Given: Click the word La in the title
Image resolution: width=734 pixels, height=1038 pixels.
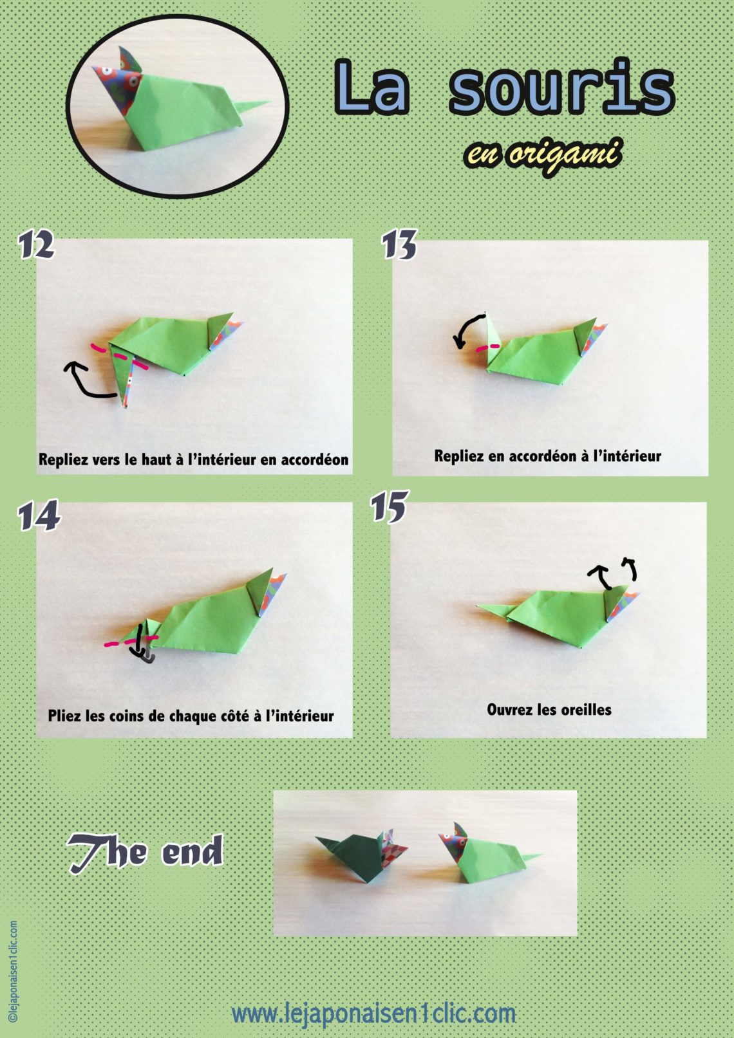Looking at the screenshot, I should coord(372,88).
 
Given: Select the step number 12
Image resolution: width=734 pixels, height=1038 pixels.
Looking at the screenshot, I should coord(36,245).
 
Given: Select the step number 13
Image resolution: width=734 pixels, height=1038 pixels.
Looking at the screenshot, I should coord(399,245).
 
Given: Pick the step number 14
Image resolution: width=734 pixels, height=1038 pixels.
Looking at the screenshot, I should coord(39,517).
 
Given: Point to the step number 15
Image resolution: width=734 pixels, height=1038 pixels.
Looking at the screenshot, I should coord(389,507).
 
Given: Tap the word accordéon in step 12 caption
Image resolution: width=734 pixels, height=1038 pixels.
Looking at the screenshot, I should coord(314,459).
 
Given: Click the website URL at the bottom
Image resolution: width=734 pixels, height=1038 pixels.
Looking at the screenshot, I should coord(373,1014).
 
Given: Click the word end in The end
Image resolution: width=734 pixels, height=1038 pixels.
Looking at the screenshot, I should coord(192,852).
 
